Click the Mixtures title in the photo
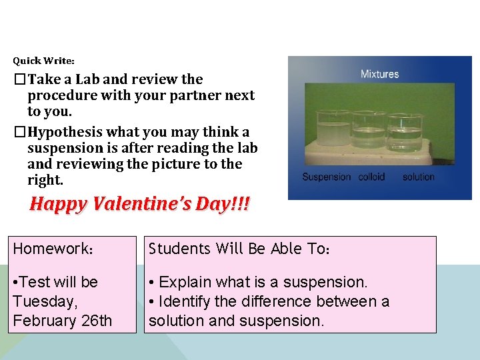(x=379, y=74)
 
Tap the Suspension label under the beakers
(x=326, y=177)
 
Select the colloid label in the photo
(x=372, y=177)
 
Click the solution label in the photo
(x=418, y=177)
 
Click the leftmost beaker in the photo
(x=333, y=131)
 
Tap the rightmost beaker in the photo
(x=405, y=133)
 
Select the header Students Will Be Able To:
(x=239, y=249)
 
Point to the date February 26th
(x=63, y=321)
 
